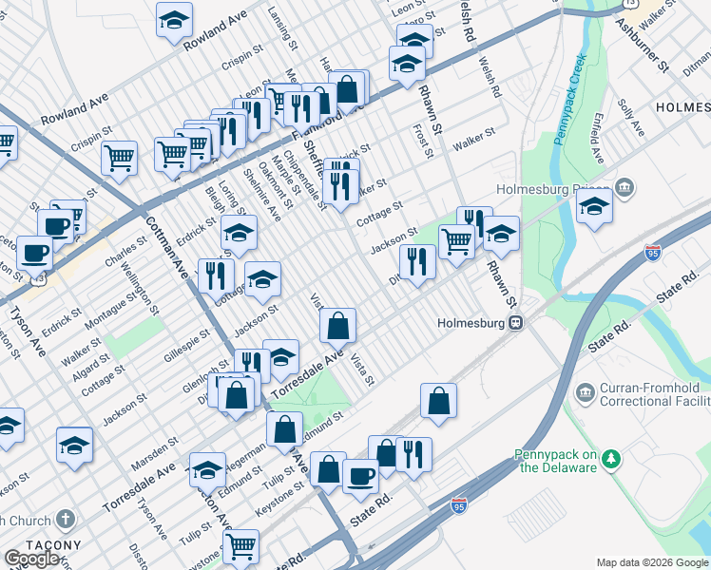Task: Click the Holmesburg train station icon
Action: tap(515, 322)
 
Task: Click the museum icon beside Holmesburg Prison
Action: tap(626, 187)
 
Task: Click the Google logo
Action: tap(31, 559)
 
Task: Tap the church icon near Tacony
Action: tap(66, 520)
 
